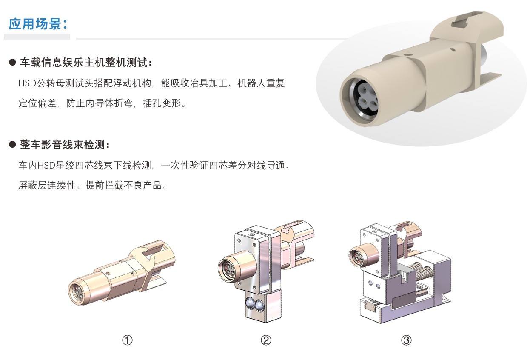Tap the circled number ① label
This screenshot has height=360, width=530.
[127, 340]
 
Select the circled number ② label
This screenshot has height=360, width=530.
[266, 340]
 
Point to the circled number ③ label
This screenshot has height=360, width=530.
[406, 340]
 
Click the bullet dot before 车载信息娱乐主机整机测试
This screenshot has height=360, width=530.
[12, 62]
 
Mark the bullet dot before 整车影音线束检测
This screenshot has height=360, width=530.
[12, 144]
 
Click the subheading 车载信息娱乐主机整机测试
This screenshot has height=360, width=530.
[83, 62]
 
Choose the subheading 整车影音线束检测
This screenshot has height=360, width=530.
[62, 144]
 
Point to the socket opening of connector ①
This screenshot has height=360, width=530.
[77, 291]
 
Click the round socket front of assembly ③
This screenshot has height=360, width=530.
[356, 257]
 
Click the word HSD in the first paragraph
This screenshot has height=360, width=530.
[27, 83]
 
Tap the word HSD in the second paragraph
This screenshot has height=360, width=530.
[47, 165]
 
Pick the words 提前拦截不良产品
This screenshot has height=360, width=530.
[123, 185]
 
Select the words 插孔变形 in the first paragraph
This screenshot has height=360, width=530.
[162, 103]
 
